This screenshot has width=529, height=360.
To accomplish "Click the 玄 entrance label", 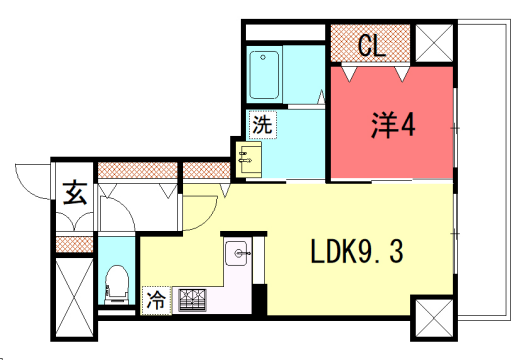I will click(76, 192).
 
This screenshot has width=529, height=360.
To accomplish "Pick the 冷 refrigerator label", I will click(156, 298).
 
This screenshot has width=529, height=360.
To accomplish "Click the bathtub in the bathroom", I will click(266, 72).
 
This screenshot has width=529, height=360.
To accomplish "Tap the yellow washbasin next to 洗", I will click(247, 156).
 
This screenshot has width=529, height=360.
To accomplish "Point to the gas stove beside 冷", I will click(191, 298).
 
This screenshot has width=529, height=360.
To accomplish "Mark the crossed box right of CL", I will click(434, 42).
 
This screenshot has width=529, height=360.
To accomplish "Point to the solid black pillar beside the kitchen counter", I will click(259, 299).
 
